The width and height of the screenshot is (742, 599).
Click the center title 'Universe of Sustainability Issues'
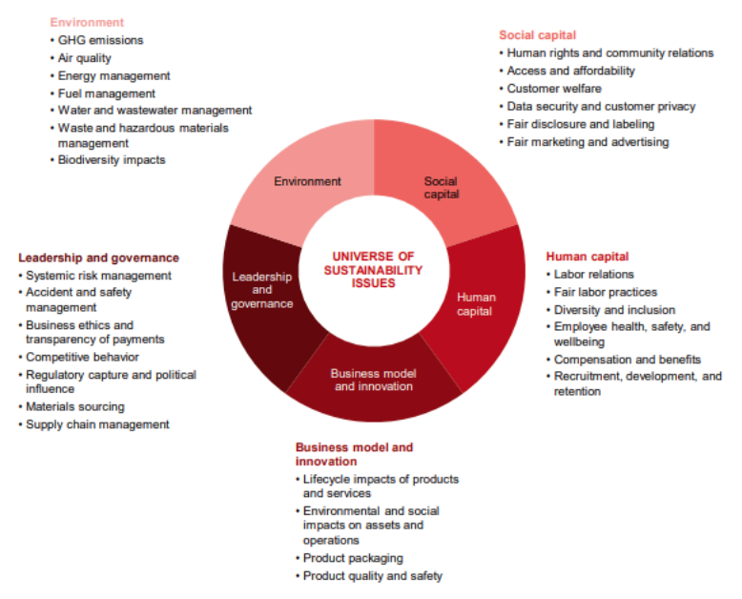(x=373, y=270)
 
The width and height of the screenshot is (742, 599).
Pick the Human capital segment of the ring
(x=474, y=302)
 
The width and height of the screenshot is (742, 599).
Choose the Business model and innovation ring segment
(x=372, y=379)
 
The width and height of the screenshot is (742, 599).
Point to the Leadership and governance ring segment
(x=262, y=290)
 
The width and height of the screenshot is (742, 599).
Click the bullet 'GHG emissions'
(x=100, y=40)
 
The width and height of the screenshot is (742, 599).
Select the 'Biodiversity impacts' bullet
(x=112, y=160)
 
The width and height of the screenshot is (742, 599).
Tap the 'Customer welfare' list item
(x=554, y=89)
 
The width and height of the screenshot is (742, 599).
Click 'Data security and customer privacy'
(x=601, y=107)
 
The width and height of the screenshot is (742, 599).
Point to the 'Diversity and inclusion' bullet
(x=614, y=310)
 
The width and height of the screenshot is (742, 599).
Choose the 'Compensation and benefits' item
(x=628, y=360)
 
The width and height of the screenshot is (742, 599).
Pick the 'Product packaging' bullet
(x=353, y=558)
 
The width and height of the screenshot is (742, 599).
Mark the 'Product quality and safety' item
(x=372, y=576)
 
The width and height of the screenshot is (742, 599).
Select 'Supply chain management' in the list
(x=97, y=424)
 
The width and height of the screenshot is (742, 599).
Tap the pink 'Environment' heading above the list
(x=87, y=22)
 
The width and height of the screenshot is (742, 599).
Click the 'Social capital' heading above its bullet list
(x=538, y=35)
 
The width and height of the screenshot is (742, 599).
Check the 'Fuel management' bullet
(x=107, y=93)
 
